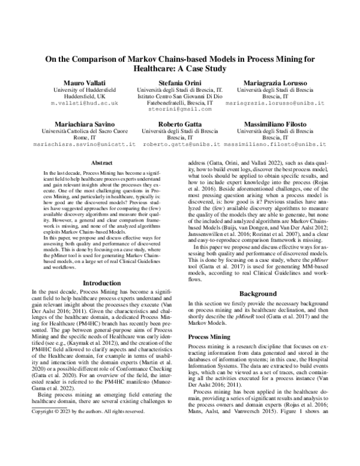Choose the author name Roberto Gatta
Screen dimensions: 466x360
(x=181, y=121)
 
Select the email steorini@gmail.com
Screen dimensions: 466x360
(x=181, y=110)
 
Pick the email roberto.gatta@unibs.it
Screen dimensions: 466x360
(x=181, y=144)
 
